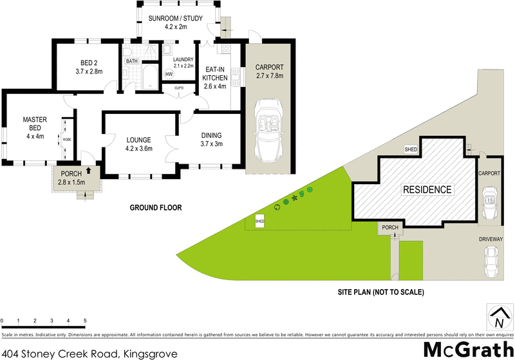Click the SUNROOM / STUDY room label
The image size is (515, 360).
tap(172, 22)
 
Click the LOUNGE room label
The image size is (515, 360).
tap(138, 144)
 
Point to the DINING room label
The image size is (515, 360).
tap(211, 140)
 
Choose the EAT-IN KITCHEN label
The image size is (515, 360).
tap(215, 78)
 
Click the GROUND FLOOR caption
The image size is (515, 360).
tap(156, 207)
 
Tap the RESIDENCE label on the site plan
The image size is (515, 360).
tap(427, 189)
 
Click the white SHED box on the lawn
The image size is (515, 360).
tap(260, 221)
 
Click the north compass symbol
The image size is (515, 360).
tap(498, 316)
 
